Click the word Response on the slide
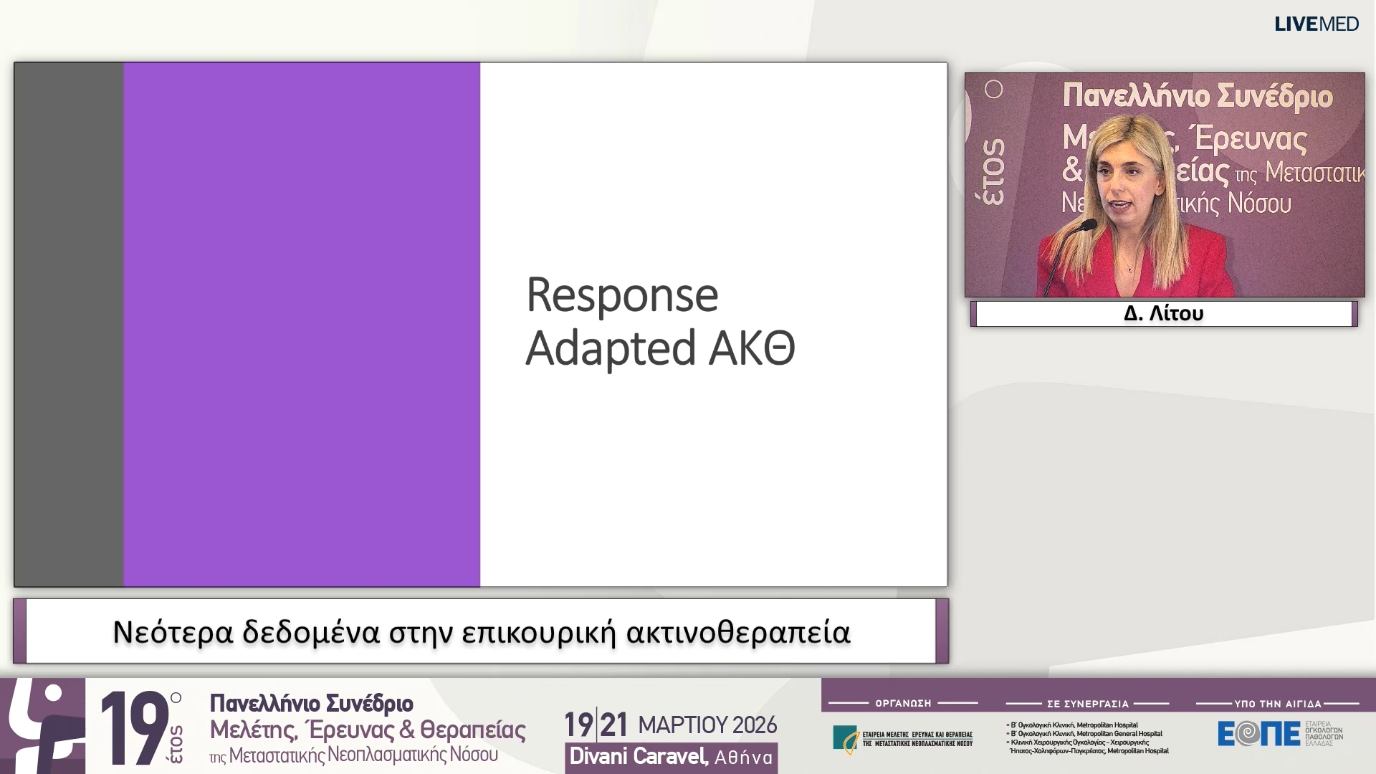pyautogui.click(x=622, y=295)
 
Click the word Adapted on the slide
pyautogui.click(x=611, y=349)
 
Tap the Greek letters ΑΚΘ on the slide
pyautogui.click(x=752, y=349)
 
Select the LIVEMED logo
pyautogui.click(x=1316, y=24)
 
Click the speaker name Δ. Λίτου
pyautogui.click(x=1163, y=313)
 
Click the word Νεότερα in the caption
pyautogui.click(x=173, y=632)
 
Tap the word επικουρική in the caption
pyautogui.click(x=538, y=632)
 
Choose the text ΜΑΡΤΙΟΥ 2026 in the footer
pyautogui.click(x=707, y=725)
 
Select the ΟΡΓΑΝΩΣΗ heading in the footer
pyautogui.click(x=903, y=704)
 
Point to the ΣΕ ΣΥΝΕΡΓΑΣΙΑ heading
pyautogui.click(x=1087, y=704)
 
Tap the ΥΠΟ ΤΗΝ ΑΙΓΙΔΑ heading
pyautogui.click(x=1277, y=704)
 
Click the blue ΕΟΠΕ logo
pyautogui.click(x=1258, y=734)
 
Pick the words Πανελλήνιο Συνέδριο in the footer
pyautogui.click(x=311, y=703)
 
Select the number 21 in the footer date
pyautogui.click(x=613, y=725)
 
